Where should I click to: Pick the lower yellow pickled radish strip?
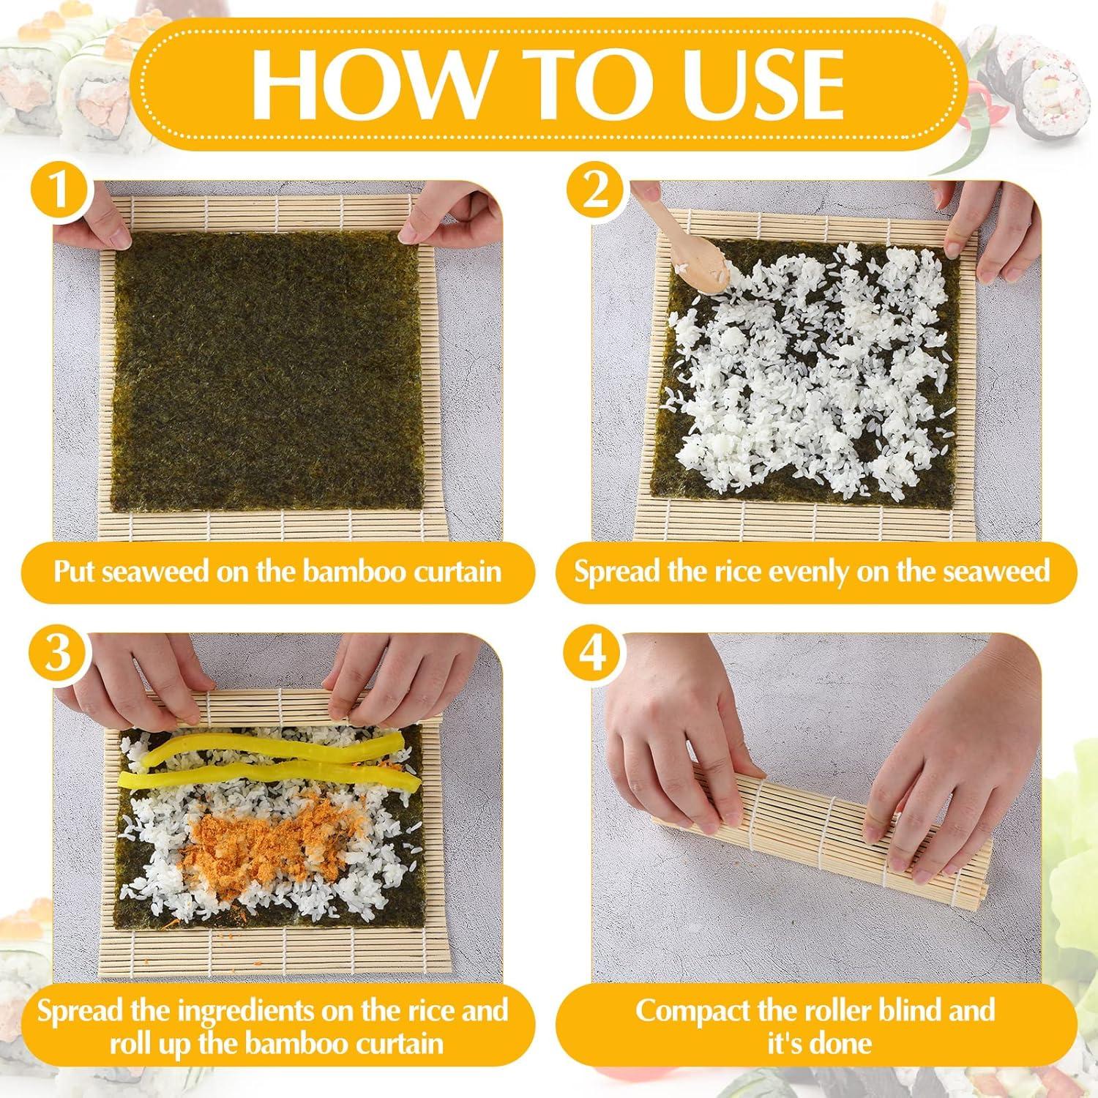[271, 778]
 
